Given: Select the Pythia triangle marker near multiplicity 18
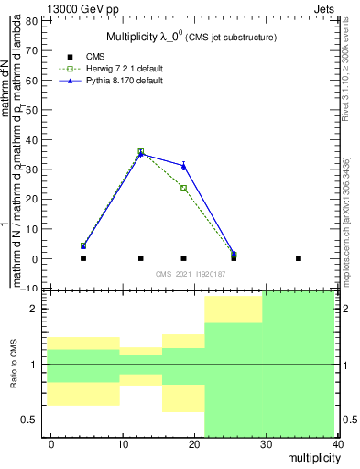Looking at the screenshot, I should tap(184, 166).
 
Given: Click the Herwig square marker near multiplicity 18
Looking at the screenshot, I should tap(184, 188).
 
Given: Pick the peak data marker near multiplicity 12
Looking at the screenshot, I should tap(140, 152).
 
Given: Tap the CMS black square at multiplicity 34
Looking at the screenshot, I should tap(299, 258).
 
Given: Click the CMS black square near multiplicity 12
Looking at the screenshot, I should tap(140, 258).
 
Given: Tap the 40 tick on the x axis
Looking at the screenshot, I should tap(339, 444).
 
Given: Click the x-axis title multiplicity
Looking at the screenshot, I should tap(311, 457).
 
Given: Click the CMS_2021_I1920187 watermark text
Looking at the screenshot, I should tap(189, 274).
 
